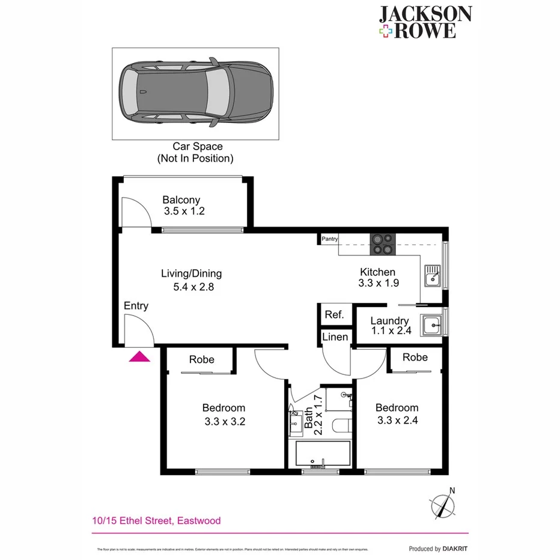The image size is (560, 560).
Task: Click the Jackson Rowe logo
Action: click(425, 23)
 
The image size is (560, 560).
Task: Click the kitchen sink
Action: click(433, 276)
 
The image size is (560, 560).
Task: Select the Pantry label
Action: click(329, 239)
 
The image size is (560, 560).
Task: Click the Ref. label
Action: click(333, 315)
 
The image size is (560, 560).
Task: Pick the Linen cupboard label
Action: click(335, 337)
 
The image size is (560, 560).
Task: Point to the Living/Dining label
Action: click(191, 273)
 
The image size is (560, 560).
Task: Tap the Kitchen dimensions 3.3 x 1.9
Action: click(379, 284)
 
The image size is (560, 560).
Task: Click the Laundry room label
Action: click(389, 321)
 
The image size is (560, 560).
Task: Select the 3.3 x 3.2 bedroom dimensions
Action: click(224, 421)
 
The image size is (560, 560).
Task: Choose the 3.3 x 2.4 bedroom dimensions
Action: click(397, 420)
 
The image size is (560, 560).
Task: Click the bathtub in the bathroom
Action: click(323, 454)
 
